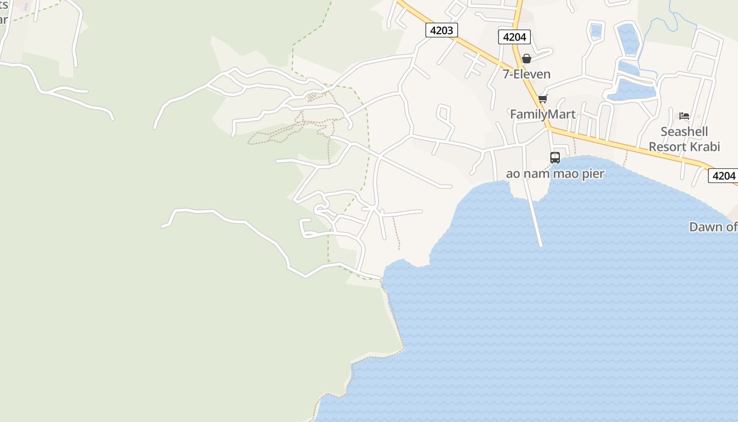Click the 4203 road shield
tap(441, 30)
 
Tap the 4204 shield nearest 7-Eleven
tap(514, 37)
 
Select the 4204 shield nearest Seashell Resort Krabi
tap(723, 176)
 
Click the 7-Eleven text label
tap(527, 74)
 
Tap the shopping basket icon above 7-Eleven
tap(526, 59)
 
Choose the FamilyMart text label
tap(542, 114)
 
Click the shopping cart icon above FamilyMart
tap(542, 99)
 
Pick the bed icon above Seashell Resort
tap(684, 116)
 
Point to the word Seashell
tap(684, 131)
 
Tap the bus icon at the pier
tap(555, 157)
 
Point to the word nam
tap(536, 174)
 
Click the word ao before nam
tap(513, 174)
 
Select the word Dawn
tap(705, 227)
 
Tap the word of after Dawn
tap(731, 227)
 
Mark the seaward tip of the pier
tap(541, 245)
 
